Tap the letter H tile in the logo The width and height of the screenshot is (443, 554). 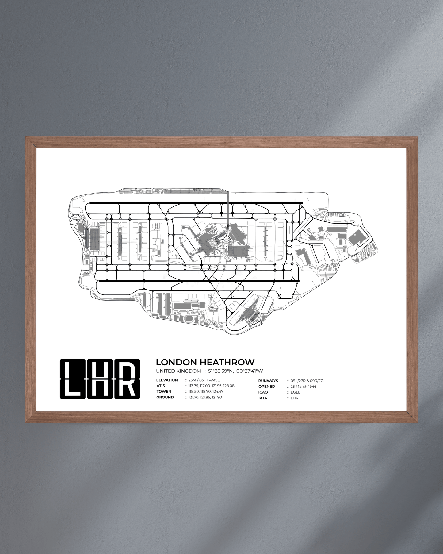pyautogui.click(x=100, y=379)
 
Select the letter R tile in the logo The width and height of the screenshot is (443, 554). pyautogui.click(x=127, y=379)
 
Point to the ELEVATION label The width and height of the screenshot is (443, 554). pyautogui.click(x=167, y=380)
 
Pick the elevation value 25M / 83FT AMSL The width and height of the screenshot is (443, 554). pyautogui.click(x=204, y=380)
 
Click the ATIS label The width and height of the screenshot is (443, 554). pyautogui.click(x=161, y=386)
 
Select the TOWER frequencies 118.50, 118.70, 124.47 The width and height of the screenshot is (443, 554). pyautogui.click(x=206, y=391)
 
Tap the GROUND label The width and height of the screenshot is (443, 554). pyautogui.click(x=165, y=397)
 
